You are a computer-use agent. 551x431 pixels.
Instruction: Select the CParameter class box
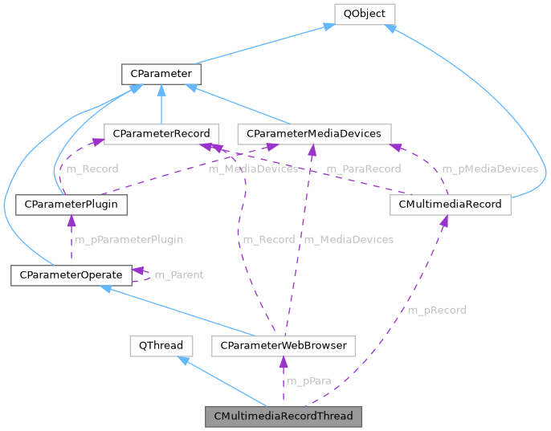tap(161, 75)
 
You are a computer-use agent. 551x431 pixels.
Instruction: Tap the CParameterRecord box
tap(161, 133)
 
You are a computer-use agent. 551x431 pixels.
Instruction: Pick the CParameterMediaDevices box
tap(314, 133)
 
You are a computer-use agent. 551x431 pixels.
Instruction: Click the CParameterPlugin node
tap(71, 204)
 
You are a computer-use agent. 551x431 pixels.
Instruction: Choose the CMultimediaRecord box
tap(449, 204)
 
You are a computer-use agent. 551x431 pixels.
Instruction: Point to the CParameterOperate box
tap(71, 275)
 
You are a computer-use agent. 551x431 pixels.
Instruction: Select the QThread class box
tap(161, 346)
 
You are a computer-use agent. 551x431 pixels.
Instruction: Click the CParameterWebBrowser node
tap(283, 346)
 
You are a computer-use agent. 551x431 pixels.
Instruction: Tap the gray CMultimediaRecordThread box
tap(284, 417)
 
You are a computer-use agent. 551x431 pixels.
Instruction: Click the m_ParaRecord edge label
tap(363, 169)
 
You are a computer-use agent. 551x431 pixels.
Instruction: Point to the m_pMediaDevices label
tap(489, 169)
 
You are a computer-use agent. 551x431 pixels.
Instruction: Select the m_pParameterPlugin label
tap(129, 239)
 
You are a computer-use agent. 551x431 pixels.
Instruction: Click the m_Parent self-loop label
tap(178, 275)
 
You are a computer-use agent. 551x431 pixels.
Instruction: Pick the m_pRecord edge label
tap(436, 310)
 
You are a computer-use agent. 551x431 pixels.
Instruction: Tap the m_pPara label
tap(309, 380)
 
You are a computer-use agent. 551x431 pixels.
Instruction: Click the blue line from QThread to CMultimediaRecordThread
tap(224, 382)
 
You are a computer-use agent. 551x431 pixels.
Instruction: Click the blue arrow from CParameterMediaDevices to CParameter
tap(241, 104)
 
